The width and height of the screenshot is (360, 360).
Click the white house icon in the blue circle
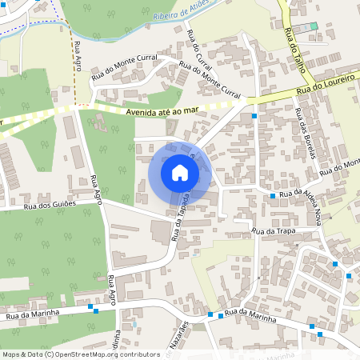coord(180,172)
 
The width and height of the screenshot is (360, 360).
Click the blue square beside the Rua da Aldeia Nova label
coord(273,195)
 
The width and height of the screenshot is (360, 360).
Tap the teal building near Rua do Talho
coord(314,26)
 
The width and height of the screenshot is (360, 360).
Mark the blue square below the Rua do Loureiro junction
coord(254,116)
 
